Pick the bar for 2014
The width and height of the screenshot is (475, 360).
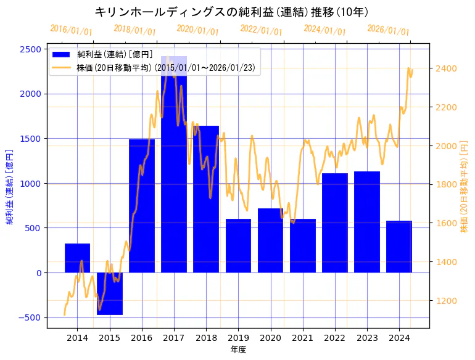77,258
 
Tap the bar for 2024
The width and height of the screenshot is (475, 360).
399,247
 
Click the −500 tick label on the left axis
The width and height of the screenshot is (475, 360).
30,317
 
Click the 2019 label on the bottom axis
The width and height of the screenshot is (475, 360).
238,338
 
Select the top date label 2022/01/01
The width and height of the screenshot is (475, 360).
262,30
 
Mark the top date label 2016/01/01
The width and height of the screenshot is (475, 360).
72,30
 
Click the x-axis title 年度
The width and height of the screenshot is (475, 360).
238,350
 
